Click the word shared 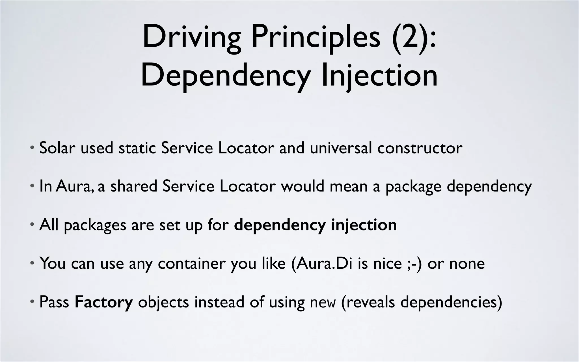[133, 186]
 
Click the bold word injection [364, 225]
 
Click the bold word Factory [103, 302]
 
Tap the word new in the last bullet [323, 302]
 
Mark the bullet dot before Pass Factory [33, 301]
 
